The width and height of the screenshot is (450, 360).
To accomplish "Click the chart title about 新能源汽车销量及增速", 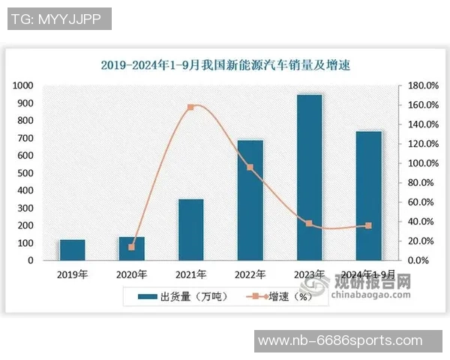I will click(225, 65).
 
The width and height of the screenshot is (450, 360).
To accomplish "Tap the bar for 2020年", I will click(132, 248).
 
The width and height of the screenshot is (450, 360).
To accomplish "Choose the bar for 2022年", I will click(250, 200).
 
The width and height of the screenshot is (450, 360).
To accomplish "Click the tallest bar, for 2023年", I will click(309, 177).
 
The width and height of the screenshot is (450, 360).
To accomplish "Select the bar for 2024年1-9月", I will click(368, 196).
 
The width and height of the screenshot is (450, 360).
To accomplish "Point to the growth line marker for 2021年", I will click(190, 107).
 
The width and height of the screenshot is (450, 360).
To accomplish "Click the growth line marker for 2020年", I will click(132, 247).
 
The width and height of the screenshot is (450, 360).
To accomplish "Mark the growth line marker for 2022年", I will click(250, 167).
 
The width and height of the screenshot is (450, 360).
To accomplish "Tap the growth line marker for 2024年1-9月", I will click(368, 226).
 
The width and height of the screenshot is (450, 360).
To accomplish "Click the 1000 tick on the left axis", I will click(25, 85).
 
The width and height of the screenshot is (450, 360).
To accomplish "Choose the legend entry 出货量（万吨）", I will click(177, 296).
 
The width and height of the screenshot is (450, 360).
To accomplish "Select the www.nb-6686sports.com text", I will click(340, 341).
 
